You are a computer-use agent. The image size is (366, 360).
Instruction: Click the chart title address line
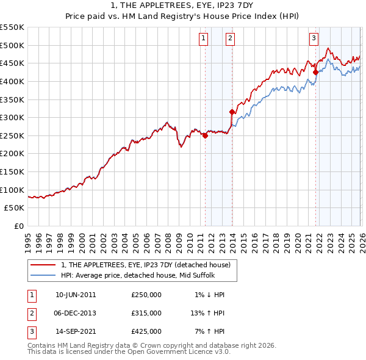coord(183,5)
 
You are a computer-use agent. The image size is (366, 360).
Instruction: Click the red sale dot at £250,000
coord(205,136)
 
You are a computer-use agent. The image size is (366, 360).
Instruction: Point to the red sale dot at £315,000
coord(232,112)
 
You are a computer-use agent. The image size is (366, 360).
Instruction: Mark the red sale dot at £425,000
coord(315,72)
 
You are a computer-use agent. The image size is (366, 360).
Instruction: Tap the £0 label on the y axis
coord(18,226)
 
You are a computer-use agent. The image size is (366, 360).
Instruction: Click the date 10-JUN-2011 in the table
coord(76,295)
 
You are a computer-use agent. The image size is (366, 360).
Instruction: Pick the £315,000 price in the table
coord(146,313)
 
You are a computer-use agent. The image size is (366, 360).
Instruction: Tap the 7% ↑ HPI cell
coord(209,331)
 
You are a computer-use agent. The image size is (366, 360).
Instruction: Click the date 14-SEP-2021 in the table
coord(76,331)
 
